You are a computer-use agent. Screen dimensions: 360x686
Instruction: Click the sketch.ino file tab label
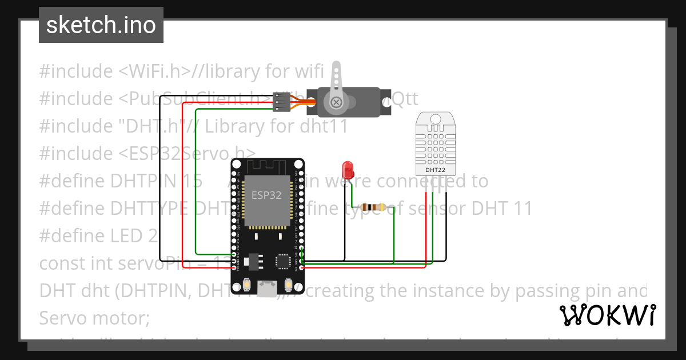click(x=101, y=25)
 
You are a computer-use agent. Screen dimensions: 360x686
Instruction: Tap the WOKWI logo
click(x=607, y=315)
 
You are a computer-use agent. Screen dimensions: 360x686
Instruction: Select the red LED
click(x=347, y=169)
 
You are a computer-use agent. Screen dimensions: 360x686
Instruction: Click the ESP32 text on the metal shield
click(x=267, y=195)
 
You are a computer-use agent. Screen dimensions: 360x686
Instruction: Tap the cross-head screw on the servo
click(x=336, y=102)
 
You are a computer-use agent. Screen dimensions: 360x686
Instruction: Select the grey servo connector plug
click(x=280, y=101)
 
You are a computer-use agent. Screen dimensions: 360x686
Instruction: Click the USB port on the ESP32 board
click(x=267, y=289)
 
